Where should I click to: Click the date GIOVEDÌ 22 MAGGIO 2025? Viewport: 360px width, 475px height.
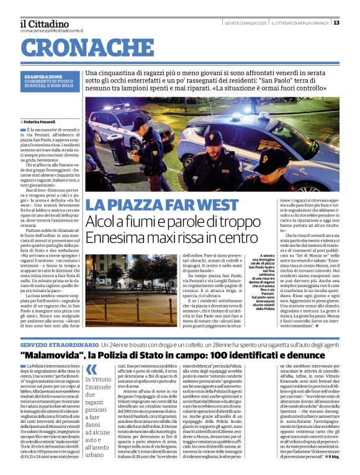245,23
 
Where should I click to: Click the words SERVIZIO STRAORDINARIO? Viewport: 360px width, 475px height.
59,344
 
